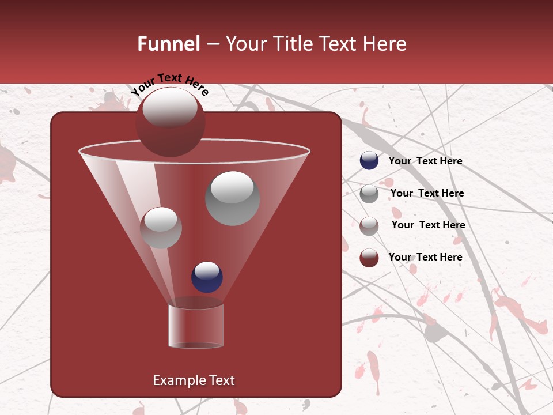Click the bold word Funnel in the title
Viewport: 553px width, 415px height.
[x=169, y=44]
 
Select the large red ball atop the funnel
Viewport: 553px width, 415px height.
[x=170, y=122]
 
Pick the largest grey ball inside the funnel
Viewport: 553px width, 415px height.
[x=232, y=198]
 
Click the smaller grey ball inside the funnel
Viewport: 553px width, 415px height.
[x=161, y=228]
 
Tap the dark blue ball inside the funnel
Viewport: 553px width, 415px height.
[x=207, y=277]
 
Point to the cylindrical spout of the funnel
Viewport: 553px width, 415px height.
[x=196, y=326]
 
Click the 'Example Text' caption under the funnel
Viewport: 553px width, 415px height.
[x=194, y=380]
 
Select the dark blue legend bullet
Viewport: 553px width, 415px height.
[x=369, y=161]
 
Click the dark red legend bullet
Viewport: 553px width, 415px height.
[x=369, y=258]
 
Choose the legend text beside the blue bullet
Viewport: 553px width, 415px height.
[x=425, y=161]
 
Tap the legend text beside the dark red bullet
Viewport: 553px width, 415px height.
[x=425, y=257]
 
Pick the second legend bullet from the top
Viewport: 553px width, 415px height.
[x=369, y=194]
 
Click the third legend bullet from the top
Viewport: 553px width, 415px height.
[x=369, y=226]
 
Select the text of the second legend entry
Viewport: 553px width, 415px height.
[x=427, y=193]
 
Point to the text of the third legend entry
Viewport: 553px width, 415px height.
[x=428, y=225]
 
